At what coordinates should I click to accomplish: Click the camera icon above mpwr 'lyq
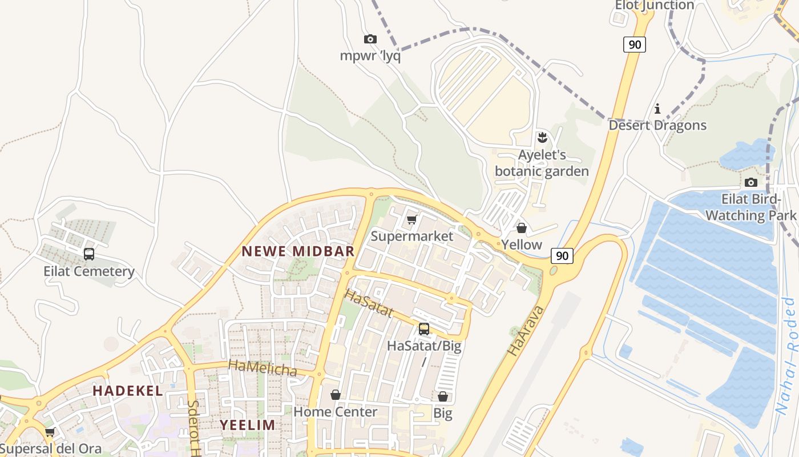tap(370, 39)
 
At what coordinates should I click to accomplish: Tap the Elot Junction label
tap(654, 6)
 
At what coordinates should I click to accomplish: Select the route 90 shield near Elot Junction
tap(634, 45)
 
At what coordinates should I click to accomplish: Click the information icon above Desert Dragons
tap(657, 109)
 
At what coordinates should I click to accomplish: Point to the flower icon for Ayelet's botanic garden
tap(542, 137)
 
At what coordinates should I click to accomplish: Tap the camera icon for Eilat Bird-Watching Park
tap(751, 183)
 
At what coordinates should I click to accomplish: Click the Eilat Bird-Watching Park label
tap(750, 207)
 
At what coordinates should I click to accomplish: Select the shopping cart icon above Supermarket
tap(411, 220)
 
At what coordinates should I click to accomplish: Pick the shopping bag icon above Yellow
tap(521, 228)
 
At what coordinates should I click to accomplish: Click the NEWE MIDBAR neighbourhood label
tap(298, 251)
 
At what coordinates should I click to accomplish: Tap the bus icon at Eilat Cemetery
tap(89, 254)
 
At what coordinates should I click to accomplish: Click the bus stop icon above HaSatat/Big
tap(424, 329)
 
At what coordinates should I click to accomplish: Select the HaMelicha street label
tap(263, 368)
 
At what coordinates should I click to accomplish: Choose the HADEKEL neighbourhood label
tap(128, 391)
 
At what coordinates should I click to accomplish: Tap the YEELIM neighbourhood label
tap(248, 425)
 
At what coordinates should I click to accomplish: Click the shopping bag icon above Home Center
tap(336, 395)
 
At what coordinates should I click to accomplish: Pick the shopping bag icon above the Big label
tap(443, 396)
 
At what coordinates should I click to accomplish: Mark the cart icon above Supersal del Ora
tap(50, 432)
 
